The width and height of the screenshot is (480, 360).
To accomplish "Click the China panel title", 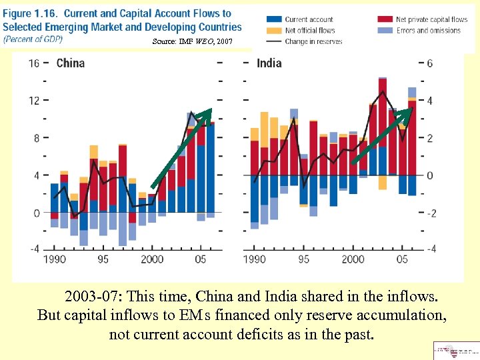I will (70, 63).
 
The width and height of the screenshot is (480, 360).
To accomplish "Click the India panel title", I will (269, 63).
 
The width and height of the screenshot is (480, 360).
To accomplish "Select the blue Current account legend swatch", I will (273, 20).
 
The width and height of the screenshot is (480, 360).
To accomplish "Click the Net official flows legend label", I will (309, 31).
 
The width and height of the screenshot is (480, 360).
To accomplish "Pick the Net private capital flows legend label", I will (432, 20).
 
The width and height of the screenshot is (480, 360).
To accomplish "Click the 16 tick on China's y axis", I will (34, 63).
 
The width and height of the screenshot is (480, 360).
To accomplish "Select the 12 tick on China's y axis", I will (34, 101).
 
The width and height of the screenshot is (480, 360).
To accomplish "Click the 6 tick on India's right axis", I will (430, 63).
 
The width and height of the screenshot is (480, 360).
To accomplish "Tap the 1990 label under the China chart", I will (55, 259).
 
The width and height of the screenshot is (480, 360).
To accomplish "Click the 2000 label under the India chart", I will (353, 259).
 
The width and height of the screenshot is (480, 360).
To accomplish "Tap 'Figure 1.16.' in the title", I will (29, 13).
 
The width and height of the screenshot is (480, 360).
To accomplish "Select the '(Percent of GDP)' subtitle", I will (33, 39).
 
